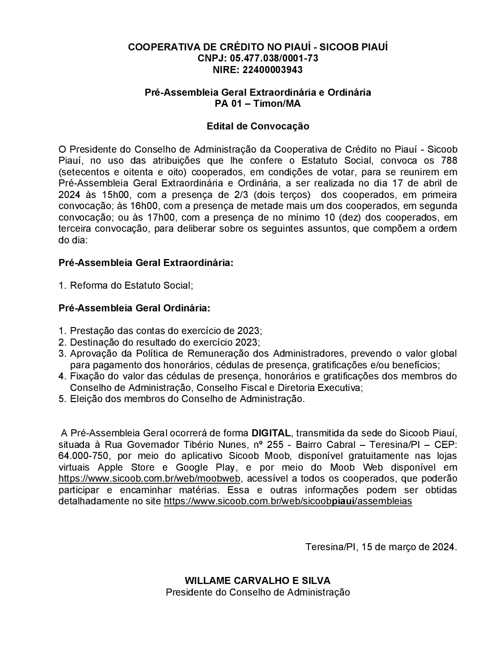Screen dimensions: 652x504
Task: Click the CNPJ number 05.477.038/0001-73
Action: tap(274, 58)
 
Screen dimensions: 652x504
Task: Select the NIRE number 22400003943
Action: tap(273, 70)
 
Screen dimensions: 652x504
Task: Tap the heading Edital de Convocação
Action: tap(258, 126)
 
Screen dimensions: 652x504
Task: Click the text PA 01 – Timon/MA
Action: tap(258, 104)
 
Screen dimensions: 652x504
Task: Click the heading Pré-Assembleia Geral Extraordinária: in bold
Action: tap(146, 263)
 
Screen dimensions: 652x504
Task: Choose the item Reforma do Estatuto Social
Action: tap(131, 286)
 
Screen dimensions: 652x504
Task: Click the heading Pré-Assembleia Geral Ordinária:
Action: tap(135, 308)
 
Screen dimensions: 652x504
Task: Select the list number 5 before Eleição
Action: tap(62, 399)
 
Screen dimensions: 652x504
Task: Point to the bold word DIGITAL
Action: tap(271, 433)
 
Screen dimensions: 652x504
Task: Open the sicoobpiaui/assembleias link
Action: tap(288, 501)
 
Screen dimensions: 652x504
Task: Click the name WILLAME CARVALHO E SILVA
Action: tap(258, 580)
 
